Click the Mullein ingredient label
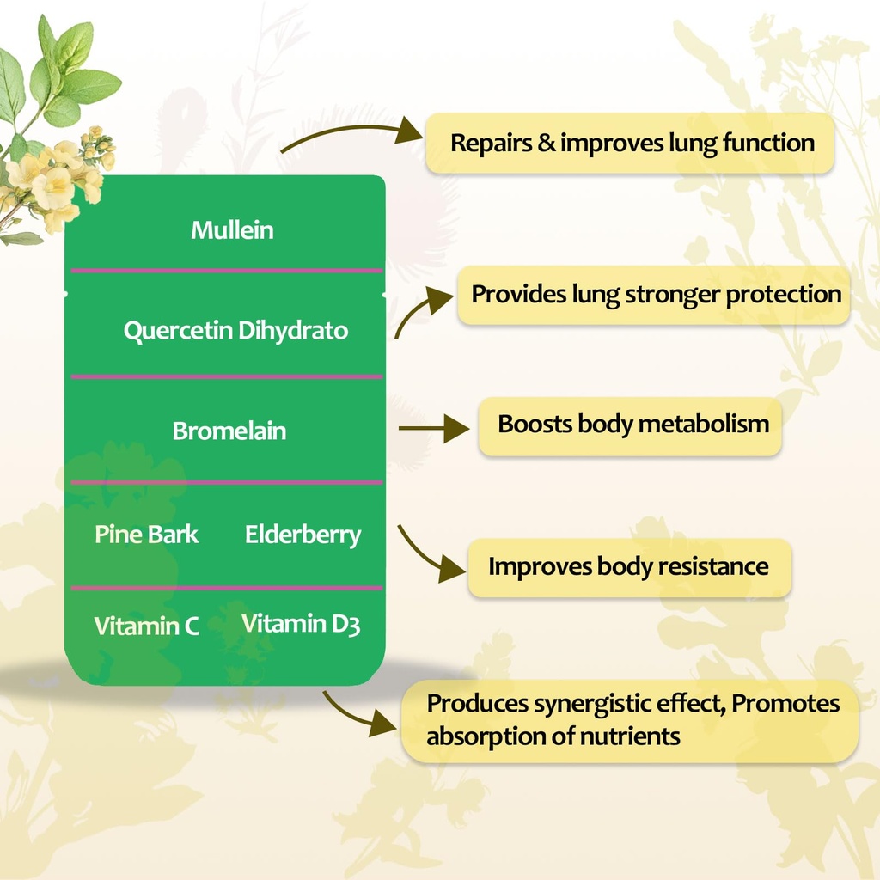[232, 230]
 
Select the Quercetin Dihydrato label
[235, 331]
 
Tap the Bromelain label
[229, 431]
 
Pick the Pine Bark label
[146, 535]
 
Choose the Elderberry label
[302, 535]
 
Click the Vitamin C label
[147, 626]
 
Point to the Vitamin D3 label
[300, 624]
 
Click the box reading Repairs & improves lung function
[631, 143]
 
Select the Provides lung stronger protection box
[655, 295]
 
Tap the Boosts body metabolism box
[632, 425]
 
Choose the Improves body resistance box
[628, 567]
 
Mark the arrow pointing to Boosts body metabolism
[434, 427]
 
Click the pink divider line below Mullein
[227, 271]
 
